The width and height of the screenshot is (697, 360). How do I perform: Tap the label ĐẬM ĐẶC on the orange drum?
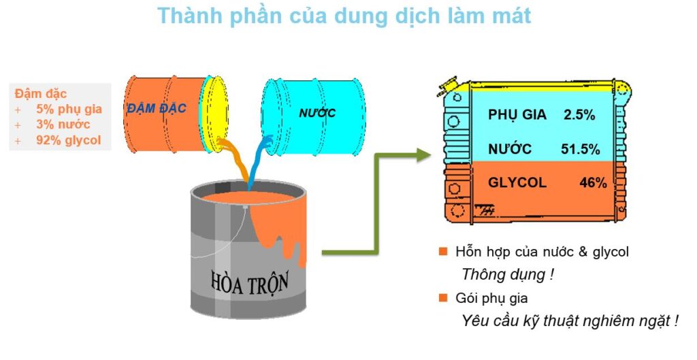[x=157, y=108]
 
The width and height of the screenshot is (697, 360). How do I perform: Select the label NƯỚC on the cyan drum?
[x=318, y=112]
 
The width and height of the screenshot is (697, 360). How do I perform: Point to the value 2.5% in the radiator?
[x=579, y=115]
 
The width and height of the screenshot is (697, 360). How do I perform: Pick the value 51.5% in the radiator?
[x=580, y=149]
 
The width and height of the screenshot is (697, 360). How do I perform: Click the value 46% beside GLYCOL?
[x=592, y=182]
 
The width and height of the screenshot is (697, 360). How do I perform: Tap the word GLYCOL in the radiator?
[x=517, y=182]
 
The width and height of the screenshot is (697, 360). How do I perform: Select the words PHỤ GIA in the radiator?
[x=517, y=115]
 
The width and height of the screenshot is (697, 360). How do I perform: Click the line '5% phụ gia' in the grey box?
[x=69, y=109]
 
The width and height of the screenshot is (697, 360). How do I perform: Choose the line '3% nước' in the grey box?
[x=63, y=125]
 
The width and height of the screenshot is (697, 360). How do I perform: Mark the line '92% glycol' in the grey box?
[x=68, y=141]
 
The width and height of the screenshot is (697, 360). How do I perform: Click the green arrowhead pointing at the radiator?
[x=423, y=155]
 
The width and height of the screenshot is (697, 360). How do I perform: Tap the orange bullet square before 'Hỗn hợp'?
[x=443, y=252]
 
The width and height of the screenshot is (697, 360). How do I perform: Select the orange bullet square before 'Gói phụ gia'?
[x=443, y=298]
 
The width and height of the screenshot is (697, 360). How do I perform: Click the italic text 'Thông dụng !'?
[x=504, y=275]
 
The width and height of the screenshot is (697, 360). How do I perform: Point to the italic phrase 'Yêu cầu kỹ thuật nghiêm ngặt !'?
[x=570, y=321]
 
